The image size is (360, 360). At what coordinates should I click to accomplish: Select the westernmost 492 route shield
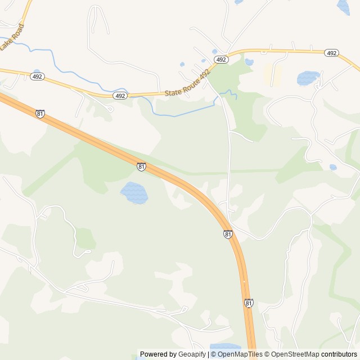pos(37,76)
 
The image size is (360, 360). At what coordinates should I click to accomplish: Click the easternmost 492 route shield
pos(331,53)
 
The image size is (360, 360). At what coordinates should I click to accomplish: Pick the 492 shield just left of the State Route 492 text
pos(120,96)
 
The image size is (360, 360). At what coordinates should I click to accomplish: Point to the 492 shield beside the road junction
pos(221,59)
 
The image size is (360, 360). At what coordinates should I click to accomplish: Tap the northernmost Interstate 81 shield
pos(39,113)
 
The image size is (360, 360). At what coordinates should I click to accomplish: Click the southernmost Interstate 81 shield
pos(249,303)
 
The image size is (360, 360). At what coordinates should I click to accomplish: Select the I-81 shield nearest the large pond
pos(141,166)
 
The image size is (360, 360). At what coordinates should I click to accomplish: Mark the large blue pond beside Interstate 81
pos(134,193)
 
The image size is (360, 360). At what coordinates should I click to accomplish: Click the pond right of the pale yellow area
pos(308,78)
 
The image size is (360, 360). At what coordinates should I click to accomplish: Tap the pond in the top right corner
pos(343,7)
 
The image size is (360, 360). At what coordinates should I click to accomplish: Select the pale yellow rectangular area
pos(273,75)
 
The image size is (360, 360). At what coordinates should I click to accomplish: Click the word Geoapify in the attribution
pos(192,354)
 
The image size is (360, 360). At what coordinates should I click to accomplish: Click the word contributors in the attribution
pos(339,354)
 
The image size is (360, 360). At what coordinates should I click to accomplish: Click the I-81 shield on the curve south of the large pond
pos(228,234)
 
